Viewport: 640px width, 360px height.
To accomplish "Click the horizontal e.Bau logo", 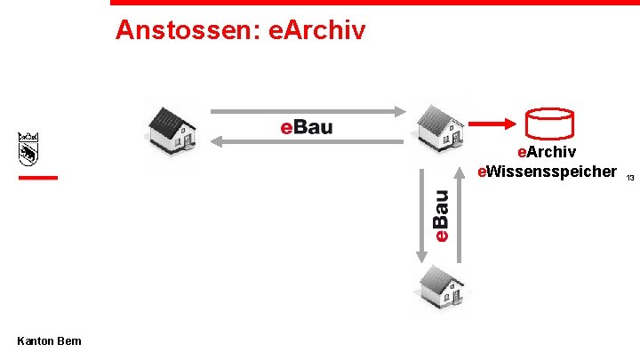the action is [x=307, y=127].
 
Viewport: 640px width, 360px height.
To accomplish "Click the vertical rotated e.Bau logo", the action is [x=440, y=214].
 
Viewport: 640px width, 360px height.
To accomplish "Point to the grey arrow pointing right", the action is [x=307, y=112].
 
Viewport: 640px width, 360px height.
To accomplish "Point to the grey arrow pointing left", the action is [x=307, y=140].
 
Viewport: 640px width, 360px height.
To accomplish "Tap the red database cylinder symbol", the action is [x=548, y=124].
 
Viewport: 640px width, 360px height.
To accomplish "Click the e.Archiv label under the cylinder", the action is [x=552, y=152].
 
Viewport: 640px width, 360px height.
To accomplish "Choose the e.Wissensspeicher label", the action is [x=547, y=171].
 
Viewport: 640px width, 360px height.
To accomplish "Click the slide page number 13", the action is [x=629, y=179].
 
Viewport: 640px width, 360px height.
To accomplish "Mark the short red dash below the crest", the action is [x=37, y=178].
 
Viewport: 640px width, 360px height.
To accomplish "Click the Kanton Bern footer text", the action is [x=49, y=341].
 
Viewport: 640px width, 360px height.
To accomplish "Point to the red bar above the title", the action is [x=374, y=3].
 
